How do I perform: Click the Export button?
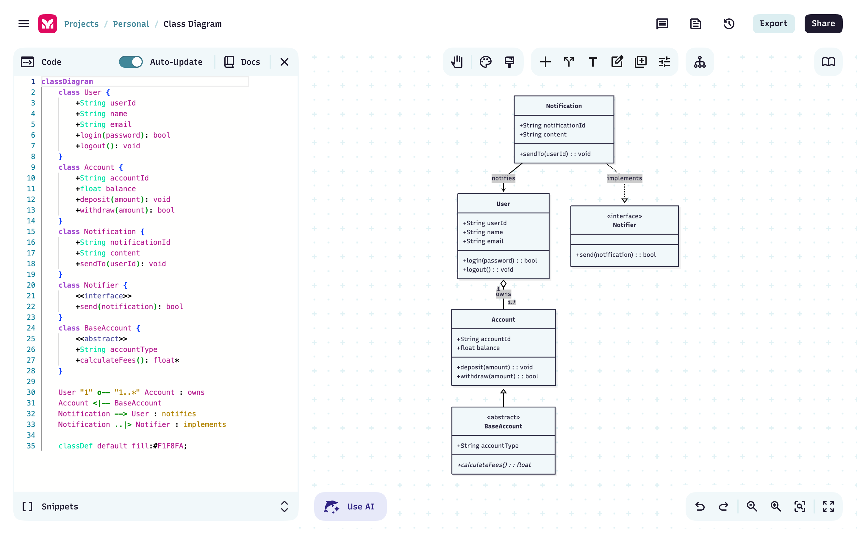pos(773,24)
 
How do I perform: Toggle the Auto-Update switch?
pos(131,62)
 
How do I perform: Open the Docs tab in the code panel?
pos(242,62)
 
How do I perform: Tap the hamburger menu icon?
pos(24,24)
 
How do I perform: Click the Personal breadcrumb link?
pos(131,24)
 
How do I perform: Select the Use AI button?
pos(350,506)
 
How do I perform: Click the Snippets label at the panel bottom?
pos(60,506)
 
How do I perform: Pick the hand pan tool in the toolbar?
pos(457,62)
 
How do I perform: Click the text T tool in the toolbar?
pos(593,62)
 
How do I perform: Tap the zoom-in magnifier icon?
pos(775,506)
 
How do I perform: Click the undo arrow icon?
pos(700,506)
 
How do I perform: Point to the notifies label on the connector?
pos(503,178)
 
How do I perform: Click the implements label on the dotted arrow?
pos(624,178)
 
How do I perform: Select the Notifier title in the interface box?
pos(624,225)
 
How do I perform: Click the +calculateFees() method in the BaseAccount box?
pos(494,465)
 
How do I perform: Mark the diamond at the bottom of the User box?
pos(503,284)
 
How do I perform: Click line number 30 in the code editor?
pos(31,392)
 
